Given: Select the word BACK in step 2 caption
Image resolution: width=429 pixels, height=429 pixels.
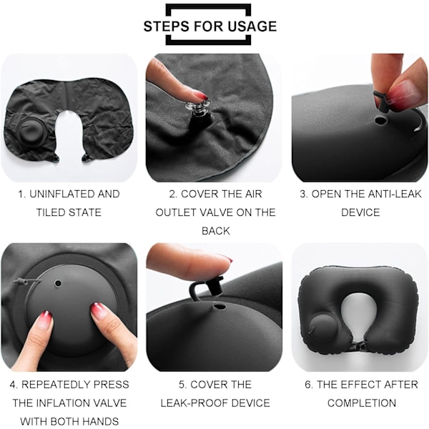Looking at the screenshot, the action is (x=216, y=231).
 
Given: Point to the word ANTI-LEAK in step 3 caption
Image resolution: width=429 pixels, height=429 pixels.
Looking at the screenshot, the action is (x=395, y=194).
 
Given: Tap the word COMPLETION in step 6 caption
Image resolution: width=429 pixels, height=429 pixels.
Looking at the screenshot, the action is (x=362, y=403).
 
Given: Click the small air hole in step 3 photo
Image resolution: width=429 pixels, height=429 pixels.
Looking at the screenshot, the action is (x=380, y=120).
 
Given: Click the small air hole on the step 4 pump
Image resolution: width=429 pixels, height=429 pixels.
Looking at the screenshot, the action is (x=58, y=283).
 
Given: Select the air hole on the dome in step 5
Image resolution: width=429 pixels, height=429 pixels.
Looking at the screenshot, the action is (x=220, y=305).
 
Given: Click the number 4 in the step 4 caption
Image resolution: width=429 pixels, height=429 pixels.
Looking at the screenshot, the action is (x=14, y=385).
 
